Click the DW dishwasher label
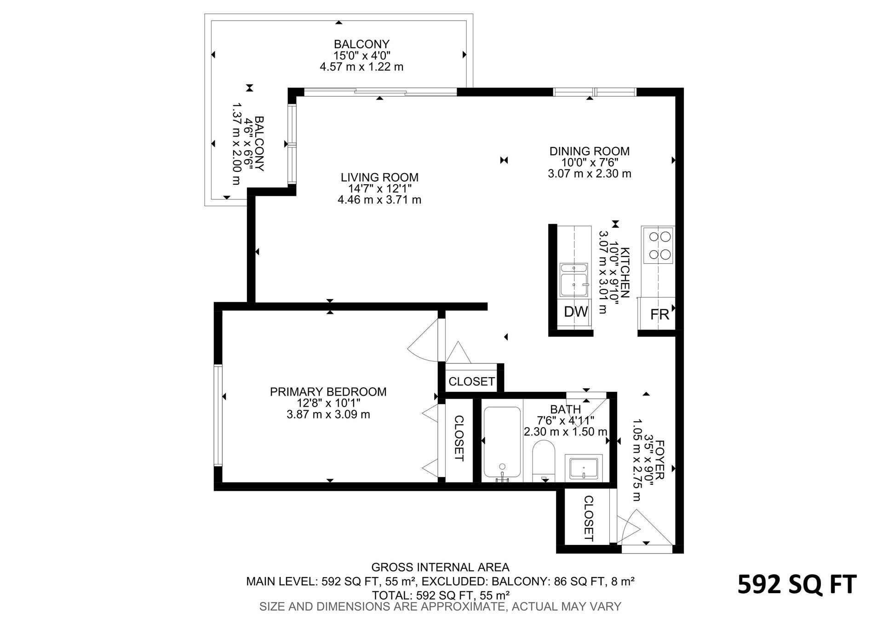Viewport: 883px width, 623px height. point(576,312)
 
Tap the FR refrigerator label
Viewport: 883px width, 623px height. point(659,315)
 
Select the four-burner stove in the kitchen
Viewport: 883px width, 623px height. point(659,245)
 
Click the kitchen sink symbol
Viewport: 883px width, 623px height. point(574,280)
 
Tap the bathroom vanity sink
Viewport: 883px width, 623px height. point(584,467)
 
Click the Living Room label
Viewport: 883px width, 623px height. point(380,177)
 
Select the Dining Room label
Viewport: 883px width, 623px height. point(590,151)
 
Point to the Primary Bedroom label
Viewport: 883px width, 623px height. point(328,392)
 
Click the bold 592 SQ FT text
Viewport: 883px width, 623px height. point(797,584)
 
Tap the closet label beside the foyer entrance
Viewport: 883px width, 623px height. point(589,519)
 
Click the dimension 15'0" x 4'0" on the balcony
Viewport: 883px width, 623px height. point(362,56)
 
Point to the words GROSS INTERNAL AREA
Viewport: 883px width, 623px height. point(440,567)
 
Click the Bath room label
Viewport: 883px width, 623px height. point(565,409)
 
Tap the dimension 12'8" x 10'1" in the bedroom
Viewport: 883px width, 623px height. point(328,403)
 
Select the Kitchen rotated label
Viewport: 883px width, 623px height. point(625,272)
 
